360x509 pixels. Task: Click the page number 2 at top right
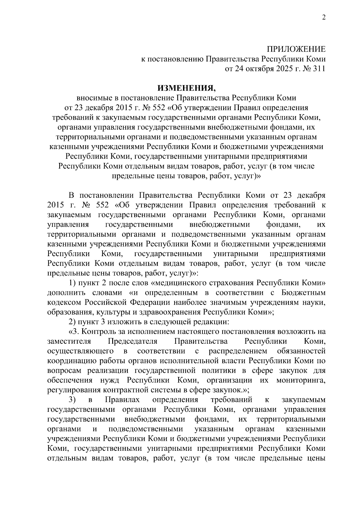click(x=323, y=17)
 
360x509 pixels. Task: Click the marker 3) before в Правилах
click(x=72, y=400)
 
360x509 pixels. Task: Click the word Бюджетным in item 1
click(x=304, y=293)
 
